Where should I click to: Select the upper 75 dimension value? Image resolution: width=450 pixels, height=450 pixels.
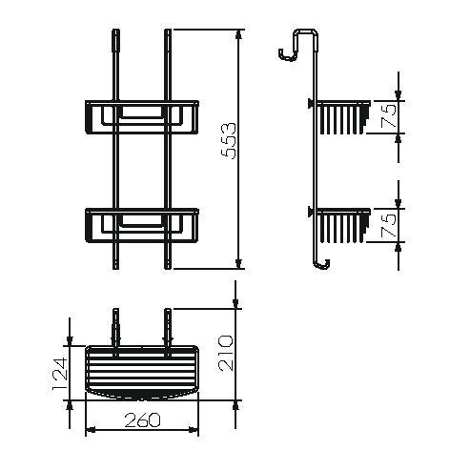point(388,117)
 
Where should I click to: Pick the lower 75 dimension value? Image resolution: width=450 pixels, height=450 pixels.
point(388,227)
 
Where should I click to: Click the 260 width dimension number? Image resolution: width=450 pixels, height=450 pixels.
point(141,420)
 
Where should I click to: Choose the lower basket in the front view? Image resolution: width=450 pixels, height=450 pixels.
point(141,225)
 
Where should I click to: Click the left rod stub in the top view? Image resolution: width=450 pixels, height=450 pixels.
point(116,324)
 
